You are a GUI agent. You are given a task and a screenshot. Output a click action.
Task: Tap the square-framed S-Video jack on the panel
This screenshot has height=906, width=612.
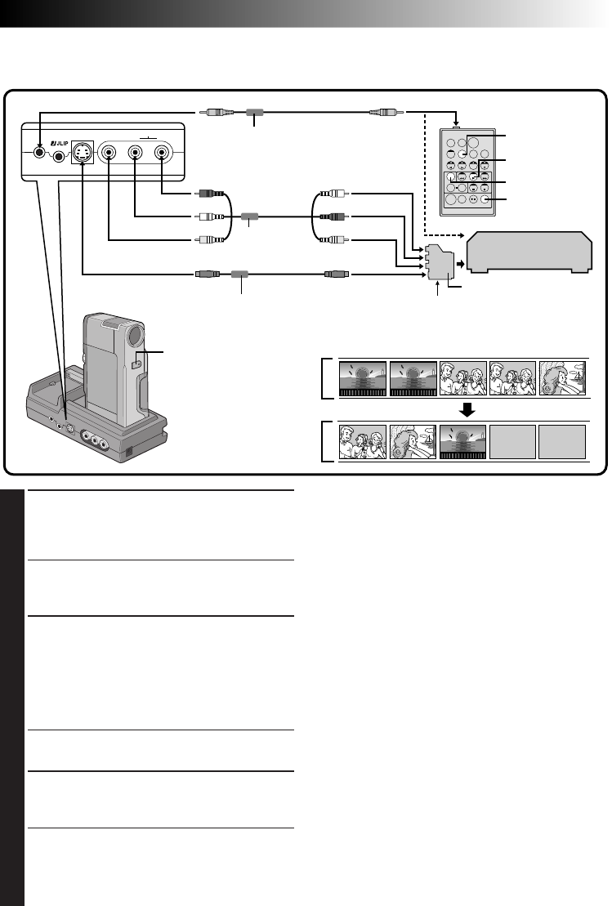[x=82, y=152]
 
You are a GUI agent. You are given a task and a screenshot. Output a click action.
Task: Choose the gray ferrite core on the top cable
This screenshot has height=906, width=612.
[x=255, y=114]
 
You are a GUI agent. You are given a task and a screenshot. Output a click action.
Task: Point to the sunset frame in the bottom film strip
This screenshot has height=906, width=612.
[x=462, y=443]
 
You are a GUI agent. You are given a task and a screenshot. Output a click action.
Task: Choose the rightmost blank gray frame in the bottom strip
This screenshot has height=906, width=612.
[x=563, y=443]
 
